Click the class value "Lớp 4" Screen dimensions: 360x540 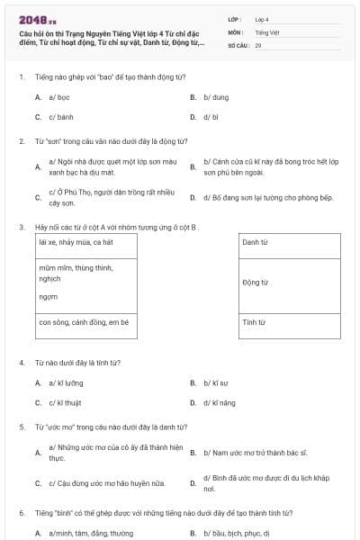262,18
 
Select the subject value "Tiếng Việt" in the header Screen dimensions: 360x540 266,31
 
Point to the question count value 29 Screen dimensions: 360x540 258,44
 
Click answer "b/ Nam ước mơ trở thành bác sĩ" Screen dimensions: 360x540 255,453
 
